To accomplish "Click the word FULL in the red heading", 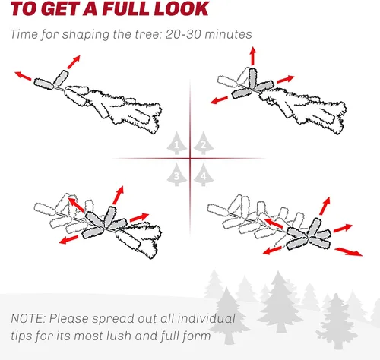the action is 125,8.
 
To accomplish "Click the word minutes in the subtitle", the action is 228,34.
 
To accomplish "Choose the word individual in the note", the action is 206,318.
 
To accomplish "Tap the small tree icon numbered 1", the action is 177,143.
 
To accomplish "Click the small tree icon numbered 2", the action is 204,143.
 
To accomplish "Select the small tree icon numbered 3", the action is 177,175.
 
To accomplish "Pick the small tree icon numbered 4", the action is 204,175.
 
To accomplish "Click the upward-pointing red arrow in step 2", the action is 252,56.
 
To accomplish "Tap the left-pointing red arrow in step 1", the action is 23,76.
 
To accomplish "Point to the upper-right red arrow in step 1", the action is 74,62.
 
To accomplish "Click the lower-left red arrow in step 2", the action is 220,99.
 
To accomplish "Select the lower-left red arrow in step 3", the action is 68,240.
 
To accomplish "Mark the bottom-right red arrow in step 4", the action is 349,252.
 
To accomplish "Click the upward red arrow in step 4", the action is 325,206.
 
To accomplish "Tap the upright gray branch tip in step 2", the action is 252,78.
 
